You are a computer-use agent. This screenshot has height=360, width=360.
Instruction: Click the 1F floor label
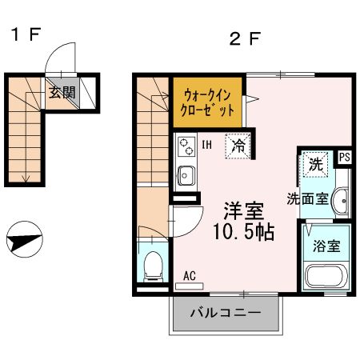pos(26,34)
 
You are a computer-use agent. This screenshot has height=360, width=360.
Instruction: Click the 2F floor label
pos(245,39)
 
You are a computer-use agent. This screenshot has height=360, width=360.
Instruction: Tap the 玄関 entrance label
pos(62,93)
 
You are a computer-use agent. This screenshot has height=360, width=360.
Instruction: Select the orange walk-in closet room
pos(207,102)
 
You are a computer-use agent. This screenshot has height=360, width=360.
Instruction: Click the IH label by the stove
pos(207,145)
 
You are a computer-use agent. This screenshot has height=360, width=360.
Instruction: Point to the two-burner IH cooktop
pos(186,146)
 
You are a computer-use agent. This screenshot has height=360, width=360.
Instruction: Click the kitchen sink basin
pos(186,175)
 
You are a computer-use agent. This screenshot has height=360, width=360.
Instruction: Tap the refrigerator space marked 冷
pos(238,146)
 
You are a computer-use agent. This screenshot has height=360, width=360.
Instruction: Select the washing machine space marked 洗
pos(316,165)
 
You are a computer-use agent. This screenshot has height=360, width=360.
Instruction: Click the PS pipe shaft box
pos(345,157)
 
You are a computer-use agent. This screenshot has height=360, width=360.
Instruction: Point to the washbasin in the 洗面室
pos(340,201)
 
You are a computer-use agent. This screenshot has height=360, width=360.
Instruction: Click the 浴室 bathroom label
pos(326,246)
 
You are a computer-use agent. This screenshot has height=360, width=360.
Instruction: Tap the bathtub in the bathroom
pos(326,277)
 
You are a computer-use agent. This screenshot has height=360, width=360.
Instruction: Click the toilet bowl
pos(153,266)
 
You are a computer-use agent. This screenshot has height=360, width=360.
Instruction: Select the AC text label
pos(190,276)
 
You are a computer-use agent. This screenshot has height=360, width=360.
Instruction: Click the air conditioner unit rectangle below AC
pos(190,286)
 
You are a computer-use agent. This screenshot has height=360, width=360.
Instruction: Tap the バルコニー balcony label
pos(226,313)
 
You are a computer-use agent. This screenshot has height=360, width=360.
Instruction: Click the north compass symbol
pos(25,239)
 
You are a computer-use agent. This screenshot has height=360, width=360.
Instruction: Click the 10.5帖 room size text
pos(243,231)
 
